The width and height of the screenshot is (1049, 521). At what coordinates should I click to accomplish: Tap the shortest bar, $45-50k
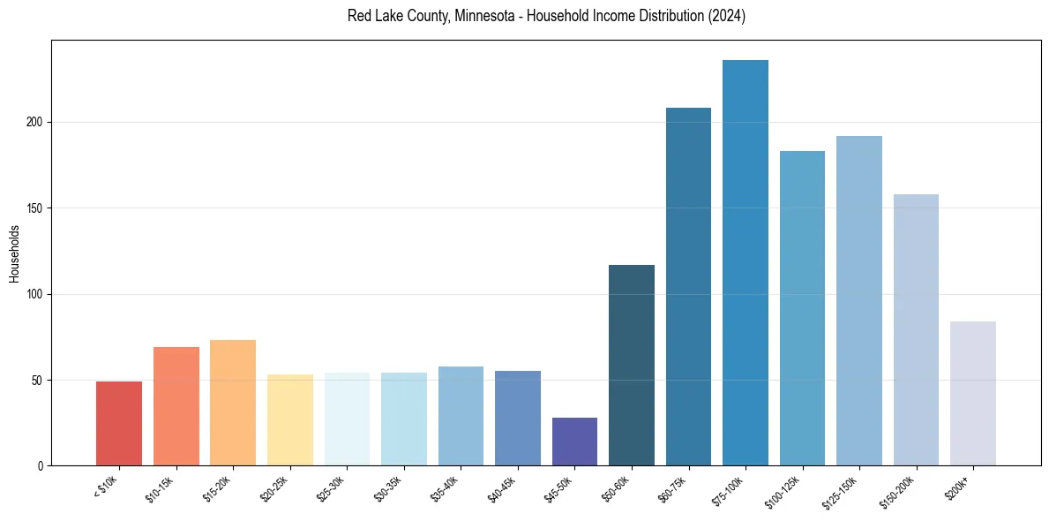point(574,442)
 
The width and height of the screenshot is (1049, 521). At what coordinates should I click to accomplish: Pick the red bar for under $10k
point(119,424)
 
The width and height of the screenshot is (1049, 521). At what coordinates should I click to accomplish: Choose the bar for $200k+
point(973,394)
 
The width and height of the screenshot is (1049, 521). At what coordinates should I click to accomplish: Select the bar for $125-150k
point(859,301)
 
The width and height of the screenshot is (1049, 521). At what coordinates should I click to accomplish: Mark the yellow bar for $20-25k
point(290,420)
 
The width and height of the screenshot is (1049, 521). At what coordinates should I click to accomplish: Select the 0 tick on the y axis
point(39,466)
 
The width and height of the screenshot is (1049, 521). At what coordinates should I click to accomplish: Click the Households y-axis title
point(14,253)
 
